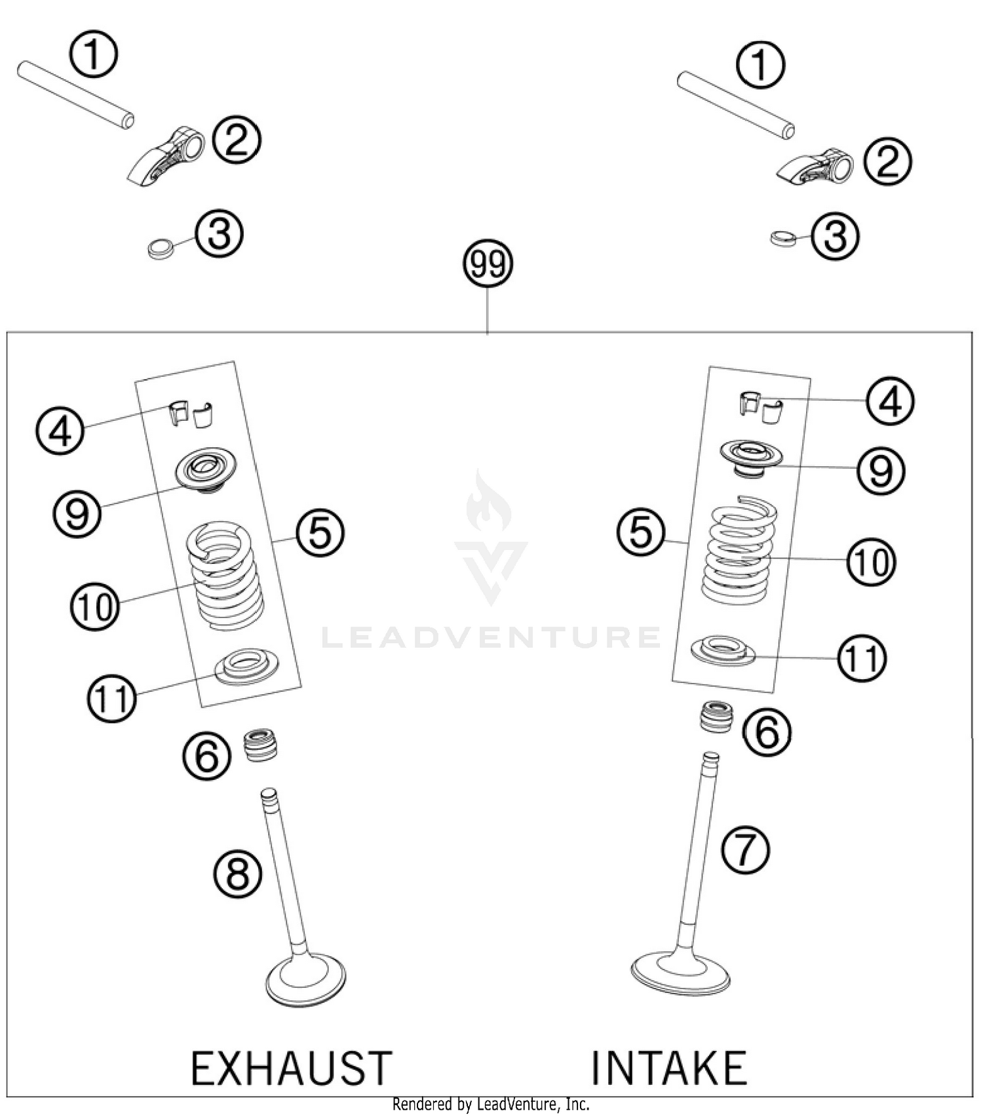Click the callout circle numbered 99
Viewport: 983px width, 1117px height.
click(x=488, y=265)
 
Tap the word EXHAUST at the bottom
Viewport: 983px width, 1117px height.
click(x=292, y=1068)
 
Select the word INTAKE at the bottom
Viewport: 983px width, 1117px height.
click(x=669, y=1068)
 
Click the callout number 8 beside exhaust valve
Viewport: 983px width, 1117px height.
click(x=237, y=874)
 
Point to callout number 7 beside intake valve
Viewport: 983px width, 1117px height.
click(x=745, y=850)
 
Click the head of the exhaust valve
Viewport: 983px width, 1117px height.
click(x=306, y=979)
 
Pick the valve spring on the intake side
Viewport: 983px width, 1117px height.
click(x=739, y=551)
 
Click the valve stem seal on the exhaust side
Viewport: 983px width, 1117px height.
click(x=260, y=745)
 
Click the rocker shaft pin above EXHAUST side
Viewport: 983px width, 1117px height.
click(x=76, y=94)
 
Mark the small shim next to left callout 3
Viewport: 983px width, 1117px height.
click(x=161, y=248)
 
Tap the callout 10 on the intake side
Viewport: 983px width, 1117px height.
click(x=871, y=562)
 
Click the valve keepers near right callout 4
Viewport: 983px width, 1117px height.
click(x=761, y=406)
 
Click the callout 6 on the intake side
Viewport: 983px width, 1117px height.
click(x=766, y=732)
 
